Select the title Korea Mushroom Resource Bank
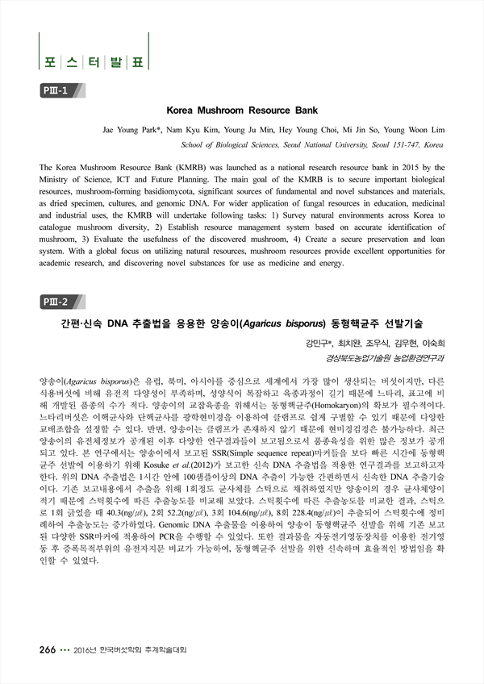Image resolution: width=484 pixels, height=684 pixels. [x=242, y=110]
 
